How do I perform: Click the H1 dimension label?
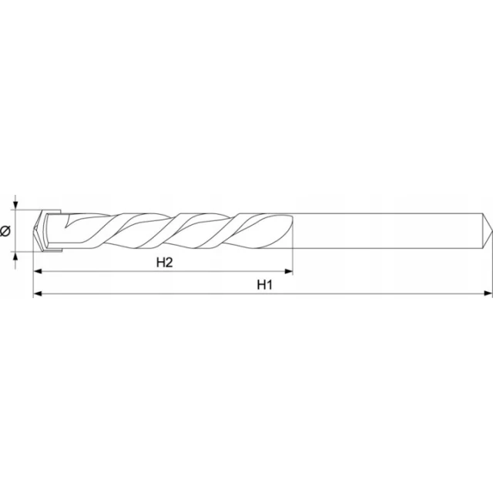point(264,285)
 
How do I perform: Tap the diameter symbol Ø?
point(5,231)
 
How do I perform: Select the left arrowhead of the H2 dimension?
point(38,271)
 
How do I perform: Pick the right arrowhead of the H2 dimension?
point(289,271)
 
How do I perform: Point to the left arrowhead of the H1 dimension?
point(38,293)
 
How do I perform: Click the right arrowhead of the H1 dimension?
point(488,293)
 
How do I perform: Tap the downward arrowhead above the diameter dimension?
point(15,206)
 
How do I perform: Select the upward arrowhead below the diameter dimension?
point(15,256)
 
